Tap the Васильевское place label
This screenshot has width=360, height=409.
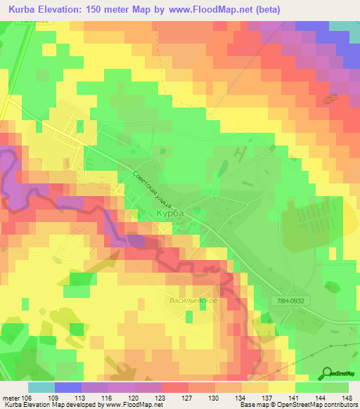(x=193, y=300)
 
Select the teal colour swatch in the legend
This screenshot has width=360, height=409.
(x=41, y=387)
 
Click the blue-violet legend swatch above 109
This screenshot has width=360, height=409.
(x=68, y=387)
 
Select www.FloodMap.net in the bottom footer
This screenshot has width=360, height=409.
(x=133, y=405)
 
